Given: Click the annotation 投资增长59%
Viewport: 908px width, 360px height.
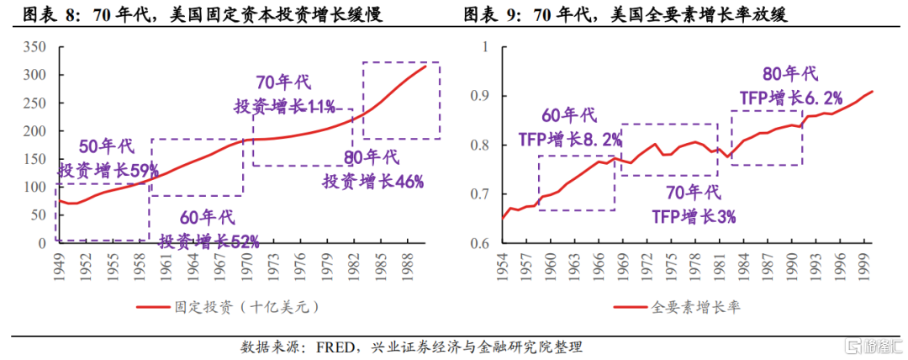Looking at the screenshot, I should pos(108,170).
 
